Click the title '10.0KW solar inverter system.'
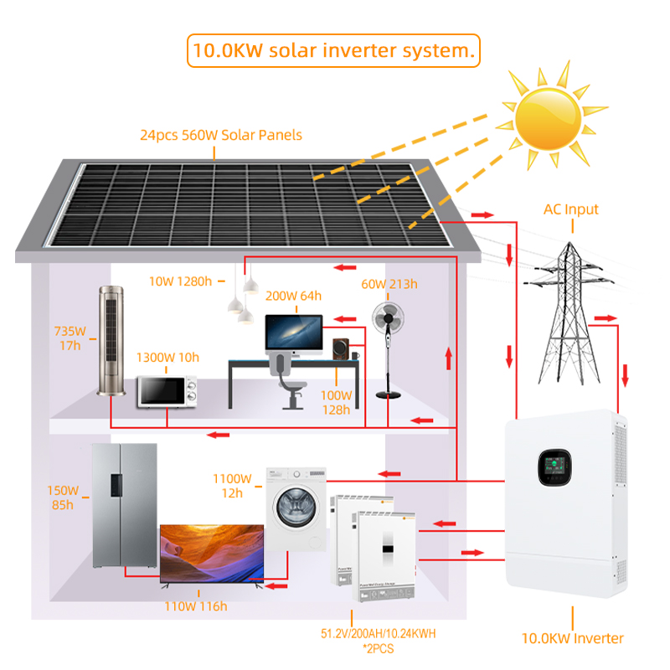[x=332, y=49]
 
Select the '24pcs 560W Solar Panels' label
[x=221, y=135]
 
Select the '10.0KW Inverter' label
[x=573, y=638]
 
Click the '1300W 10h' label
[x=168, y=358]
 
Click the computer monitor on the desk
[x=293, y=332]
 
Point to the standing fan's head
[x=388, y=318]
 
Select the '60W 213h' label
[x=389, y=284]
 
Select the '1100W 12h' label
[x=232, y=486]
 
